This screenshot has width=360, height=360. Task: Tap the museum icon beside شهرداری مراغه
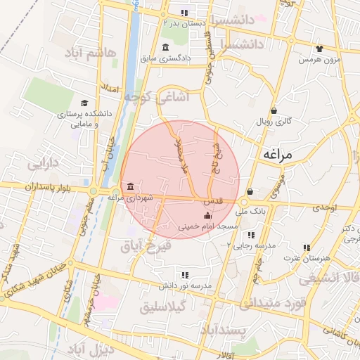[131, 186]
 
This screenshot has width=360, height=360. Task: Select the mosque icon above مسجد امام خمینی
[207, 216]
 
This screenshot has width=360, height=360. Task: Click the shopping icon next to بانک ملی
[250, 191]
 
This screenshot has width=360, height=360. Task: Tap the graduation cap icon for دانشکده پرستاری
[85, 103]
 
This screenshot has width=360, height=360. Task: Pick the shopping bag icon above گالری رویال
[274, 110]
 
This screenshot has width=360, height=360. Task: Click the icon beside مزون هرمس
[320, 49]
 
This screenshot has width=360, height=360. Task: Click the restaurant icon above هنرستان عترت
[307, 247]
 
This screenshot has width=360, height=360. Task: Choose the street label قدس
[214, 200]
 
